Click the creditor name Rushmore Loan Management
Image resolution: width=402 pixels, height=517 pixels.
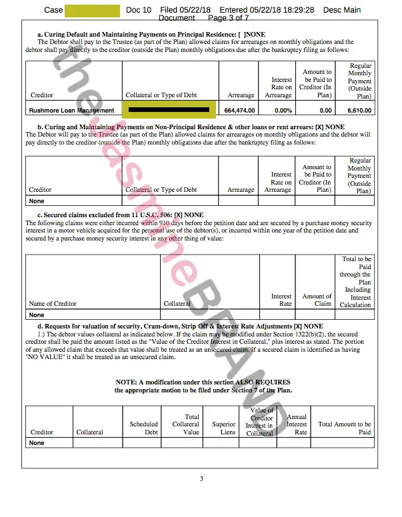coord(71,111)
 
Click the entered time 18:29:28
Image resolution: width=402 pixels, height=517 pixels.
coord(295,10)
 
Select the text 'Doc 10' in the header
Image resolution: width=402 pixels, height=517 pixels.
coord(139,10)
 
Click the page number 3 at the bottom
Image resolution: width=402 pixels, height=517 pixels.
coord(201,478)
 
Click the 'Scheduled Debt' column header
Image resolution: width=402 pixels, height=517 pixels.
coord(143,428)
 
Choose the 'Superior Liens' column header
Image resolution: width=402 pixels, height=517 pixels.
coord(223,428)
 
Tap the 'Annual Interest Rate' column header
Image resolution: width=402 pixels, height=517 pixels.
coord(296,424)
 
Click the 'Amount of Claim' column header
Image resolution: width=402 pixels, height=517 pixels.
coord(317,300)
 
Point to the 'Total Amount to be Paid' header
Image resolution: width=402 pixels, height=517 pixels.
coord(345,428)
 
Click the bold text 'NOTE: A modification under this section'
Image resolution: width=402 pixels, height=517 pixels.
coord(203,382)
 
